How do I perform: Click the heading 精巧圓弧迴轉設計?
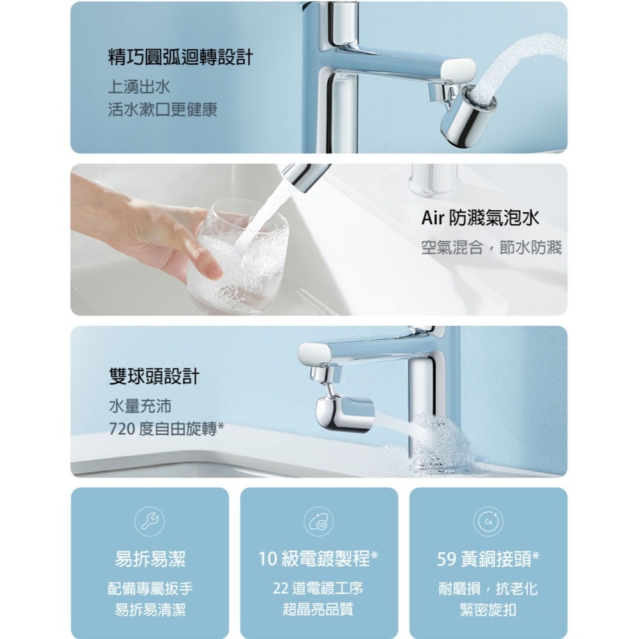click(180, 58)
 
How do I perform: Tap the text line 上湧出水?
click(139, 86)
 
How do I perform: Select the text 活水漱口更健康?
click(162, 109)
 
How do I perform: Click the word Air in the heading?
click(434, 219)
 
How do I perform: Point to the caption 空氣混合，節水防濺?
click(491, 247)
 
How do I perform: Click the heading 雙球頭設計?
click(154, 376)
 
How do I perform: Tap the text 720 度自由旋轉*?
click(166, 428)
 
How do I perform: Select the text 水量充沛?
click(139, 405)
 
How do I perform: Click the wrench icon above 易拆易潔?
click(149, 521)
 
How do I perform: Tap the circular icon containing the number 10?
click(318, 521)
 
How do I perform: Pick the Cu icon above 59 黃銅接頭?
click(488, 521)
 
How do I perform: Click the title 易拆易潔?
click(150, 560)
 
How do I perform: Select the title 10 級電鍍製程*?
click(318, 560)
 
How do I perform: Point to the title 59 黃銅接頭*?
click(488, 560)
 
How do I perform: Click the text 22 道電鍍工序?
click(318, 589)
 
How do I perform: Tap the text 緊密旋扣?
click(488, 610)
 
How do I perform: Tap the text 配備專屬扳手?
click(150, 589)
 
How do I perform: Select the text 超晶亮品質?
click(318, 610)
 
